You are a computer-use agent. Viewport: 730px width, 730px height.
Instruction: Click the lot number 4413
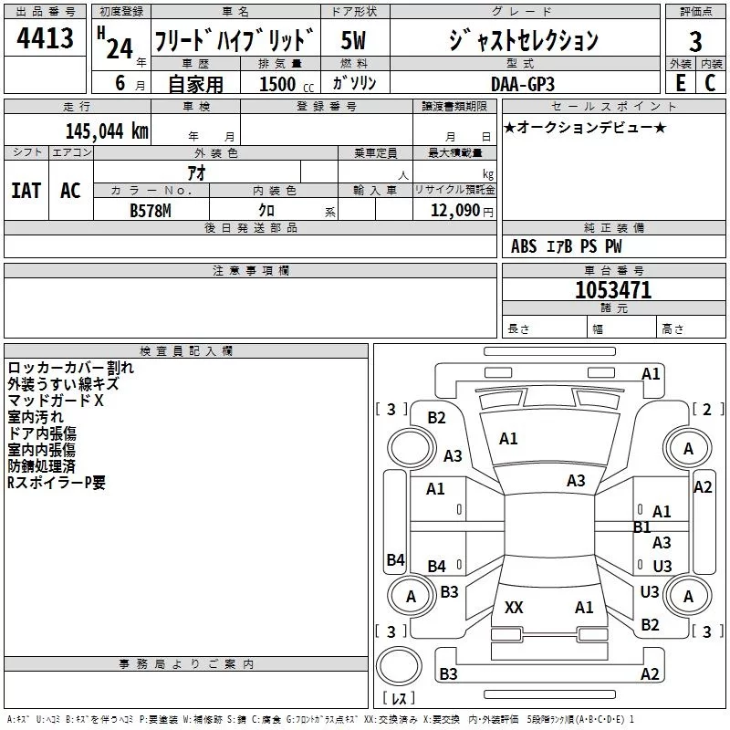[45, 37]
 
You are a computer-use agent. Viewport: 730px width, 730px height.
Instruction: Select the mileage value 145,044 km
[107, 131]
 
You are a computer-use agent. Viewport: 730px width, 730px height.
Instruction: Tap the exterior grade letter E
[680, 83]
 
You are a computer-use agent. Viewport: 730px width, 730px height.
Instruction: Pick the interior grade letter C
[710, 83]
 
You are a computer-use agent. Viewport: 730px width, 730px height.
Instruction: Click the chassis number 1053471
[613, 290]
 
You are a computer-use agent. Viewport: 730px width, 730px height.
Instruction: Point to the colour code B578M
[151, 211]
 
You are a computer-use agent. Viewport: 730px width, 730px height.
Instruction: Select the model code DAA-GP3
[523, 84]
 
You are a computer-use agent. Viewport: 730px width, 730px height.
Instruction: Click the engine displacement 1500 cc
[287, 84]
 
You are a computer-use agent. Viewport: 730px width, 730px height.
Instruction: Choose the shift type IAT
[26, 191]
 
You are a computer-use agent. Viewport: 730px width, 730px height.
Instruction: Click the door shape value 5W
[353, 40]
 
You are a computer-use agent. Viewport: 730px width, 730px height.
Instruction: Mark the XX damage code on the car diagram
[514, 608]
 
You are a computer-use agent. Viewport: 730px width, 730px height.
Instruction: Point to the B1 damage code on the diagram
[641, 527]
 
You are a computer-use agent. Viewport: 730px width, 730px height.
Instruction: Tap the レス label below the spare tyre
[399, 698]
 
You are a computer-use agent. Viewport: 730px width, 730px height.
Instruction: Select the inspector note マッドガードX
[56, 401]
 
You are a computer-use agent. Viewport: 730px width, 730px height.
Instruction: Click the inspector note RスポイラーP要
[57, 483]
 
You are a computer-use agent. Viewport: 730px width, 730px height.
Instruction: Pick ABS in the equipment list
[523, 246]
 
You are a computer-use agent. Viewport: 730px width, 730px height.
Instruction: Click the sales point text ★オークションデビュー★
[585, 127]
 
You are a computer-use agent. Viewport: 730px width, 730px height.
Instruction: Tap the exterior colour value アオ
[196, 172]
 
